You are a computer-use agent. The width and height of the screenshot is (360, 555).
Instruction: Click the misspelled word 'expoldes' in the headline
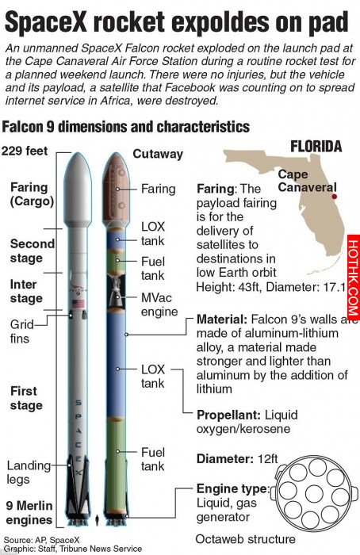pyautogui.click(x=221, y=22)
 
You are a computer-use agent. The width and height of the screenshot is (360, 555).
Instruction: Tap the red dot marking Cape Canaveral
pyautogui.click(x=334, y=197)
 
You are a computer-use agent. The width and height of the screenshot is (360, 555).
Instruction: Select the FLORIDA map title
pyautogui.click(x=316, y=147)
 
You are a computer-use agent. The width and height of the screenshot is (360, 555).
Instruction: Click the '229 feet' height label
pyautogui.click(x=25, y=151)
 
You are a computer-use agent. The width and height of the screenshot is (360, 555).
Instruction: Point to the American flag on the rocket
pyautogui.click(x=79, y=304)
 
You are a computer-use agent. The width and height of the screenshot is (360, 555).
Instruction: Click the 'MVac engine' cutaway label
pyautogui.click(x=159, y=304)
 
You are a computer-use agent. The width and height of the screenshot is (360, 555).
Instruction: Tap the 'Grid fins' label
pyautogui.click(x=22, y=331)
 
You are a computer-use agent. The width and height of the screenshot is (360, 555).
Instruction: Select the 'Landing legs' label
pyautogui.click(x=29, y=473)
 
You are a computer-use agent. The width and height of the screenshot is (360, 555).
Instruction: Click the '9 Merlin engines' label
pyautogui.click(x=29, y=512)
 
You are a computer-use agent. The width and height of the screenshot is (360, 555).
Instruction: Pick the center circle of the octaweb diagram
pyautogui.click(x=314, y=493)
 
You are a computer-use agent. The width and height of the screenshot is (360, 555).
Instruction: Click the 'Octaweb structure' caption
pyautogui.click(x=245, y=539)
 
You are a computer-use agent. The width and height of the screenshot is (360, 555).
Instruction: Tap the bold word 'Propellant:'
pyautogui.click(x=229, y=415)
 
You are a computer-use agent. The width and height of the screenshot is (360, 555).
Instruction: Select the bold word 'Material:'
pyautogui.click(x=222, y=320)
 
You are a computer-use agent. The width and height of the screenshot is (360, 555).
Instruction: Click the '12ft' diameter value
pyautogui.click(x=267, y=459)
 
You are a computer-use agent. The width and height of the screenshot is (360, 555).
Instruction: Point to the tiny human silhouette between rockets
pyautogui.click(x=98, y=520)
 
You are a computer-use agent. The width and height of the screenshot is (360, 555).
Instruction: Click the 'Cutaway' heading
pyautogui.click(x=158, y=154)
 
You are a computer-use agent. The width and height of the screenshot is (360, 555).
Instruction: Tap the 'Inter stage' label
pyautogui.click(x=26, y=291)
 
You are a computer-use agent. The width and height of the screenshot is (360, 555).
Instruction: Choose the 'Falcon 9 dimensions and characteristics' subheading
pyautogui.click(x=125, y=127)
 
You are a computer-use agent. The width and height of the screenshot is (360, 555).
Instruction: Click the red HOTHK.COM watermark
pyautogui.click(x=354, y=277)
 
